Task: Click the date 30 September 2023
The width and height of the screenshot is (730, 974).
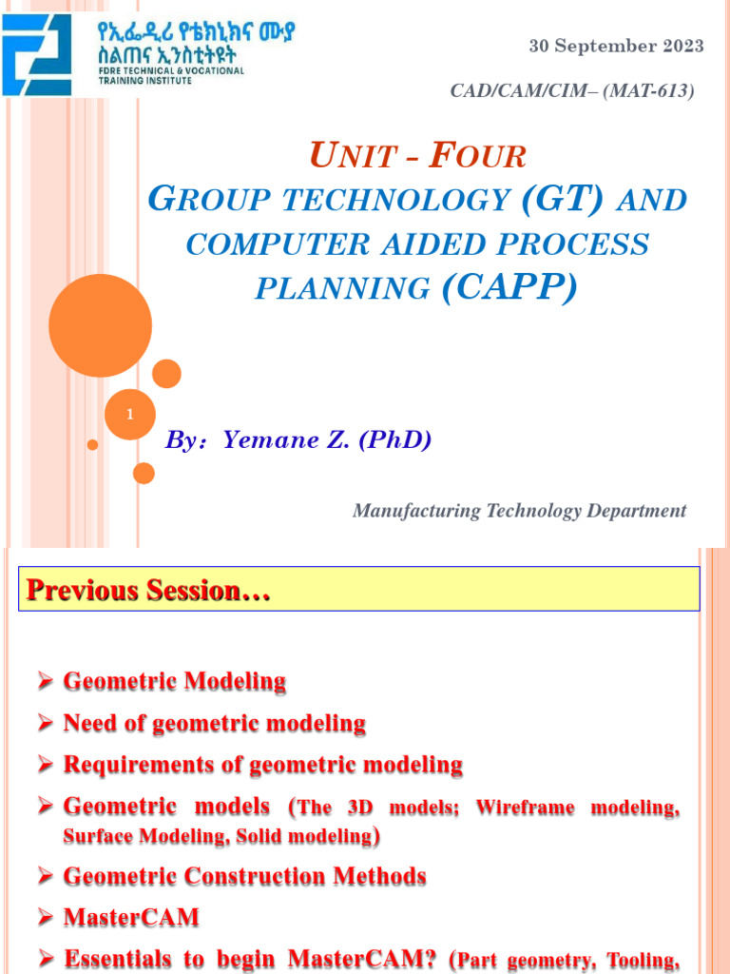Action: [x=616, y=46]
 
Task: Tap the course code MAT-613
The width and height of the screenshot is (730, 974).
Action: [x=655, y=91]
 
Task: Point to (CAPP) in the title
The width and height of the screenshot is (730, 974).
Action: [x=509, y=287]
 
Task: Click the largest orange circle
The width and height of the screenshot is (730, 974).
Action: [x=100, y=325]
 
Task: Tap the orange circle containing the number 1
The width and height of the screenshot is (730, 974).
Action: [x=129, y=415]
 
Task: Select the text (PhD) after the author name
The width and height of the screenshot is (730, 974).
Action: [x=395, y=440]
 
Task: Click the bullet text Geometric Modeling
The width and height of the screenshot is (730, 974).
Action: [x=175, y=681]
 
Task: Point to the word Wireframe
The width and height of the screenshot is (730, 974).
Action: [x=527, y=808]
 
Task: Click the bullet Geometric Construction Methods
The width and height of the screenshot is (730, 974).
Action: [x=244, y=876]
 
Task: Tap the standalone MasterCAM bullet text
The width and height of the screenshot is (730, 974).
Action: [x=119, y=918]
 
